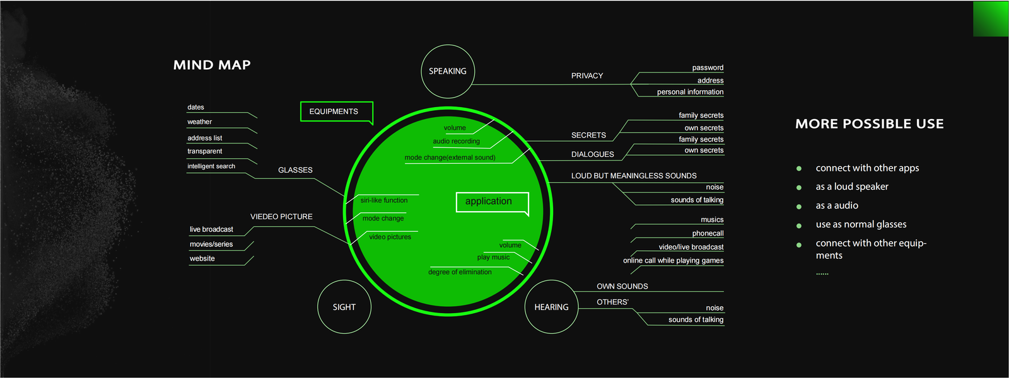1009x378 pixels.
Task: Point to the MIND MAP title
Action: coord(212,65)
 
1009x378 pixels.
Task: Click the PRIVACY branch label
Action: coord(587,76)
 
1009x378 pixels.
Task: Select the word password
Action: coord(708,67)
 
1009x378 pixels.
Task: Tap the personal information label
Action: coord(690,92)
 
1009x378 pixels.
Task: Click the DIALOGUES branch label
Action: coord(592,154)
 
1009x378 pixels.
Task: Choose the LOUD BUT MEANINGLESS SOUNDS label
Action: coord(634,176)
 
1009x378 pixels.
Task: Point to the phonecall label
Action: coord(708,233)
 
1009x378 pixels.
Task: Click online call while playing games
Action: coord(673,261)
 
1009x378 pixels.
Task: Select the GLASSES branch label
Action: coord(295,170)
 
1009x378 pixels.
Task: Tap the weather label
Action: coord(199,122)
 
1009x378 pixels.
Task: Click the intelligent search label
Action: coord(211,166)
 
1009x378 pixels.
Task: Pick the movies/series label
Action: coord(211,244)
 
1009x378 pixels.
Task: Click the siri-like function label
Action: coord(384,200)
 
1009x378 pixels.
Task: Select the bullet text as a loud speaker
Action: coord(852,186)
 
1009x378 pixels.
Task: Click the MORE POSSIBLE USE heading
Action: coord(870,123)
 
